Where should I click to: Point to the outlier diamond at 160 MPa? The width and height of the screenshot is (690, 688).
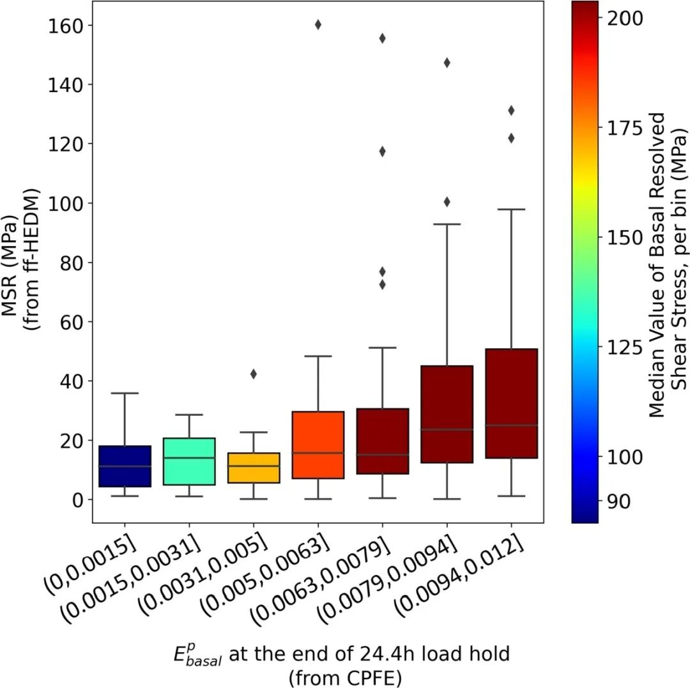(x=318, y=25)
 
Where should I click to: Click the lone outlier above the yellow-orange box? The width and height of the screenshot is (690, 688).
(x=254, y=374)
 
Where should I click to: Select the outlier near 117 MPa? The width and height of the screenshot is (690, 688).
(x=382, y=151)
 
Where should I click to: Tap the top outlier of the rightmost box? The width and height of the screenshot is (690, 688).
(x=511, y=111)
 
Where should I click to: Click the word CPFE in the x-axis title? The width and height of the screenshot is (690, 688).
(x=378, y=675)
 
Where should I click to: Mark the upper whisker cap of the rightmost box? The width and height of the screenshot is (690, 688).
(x=511, y=209)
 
